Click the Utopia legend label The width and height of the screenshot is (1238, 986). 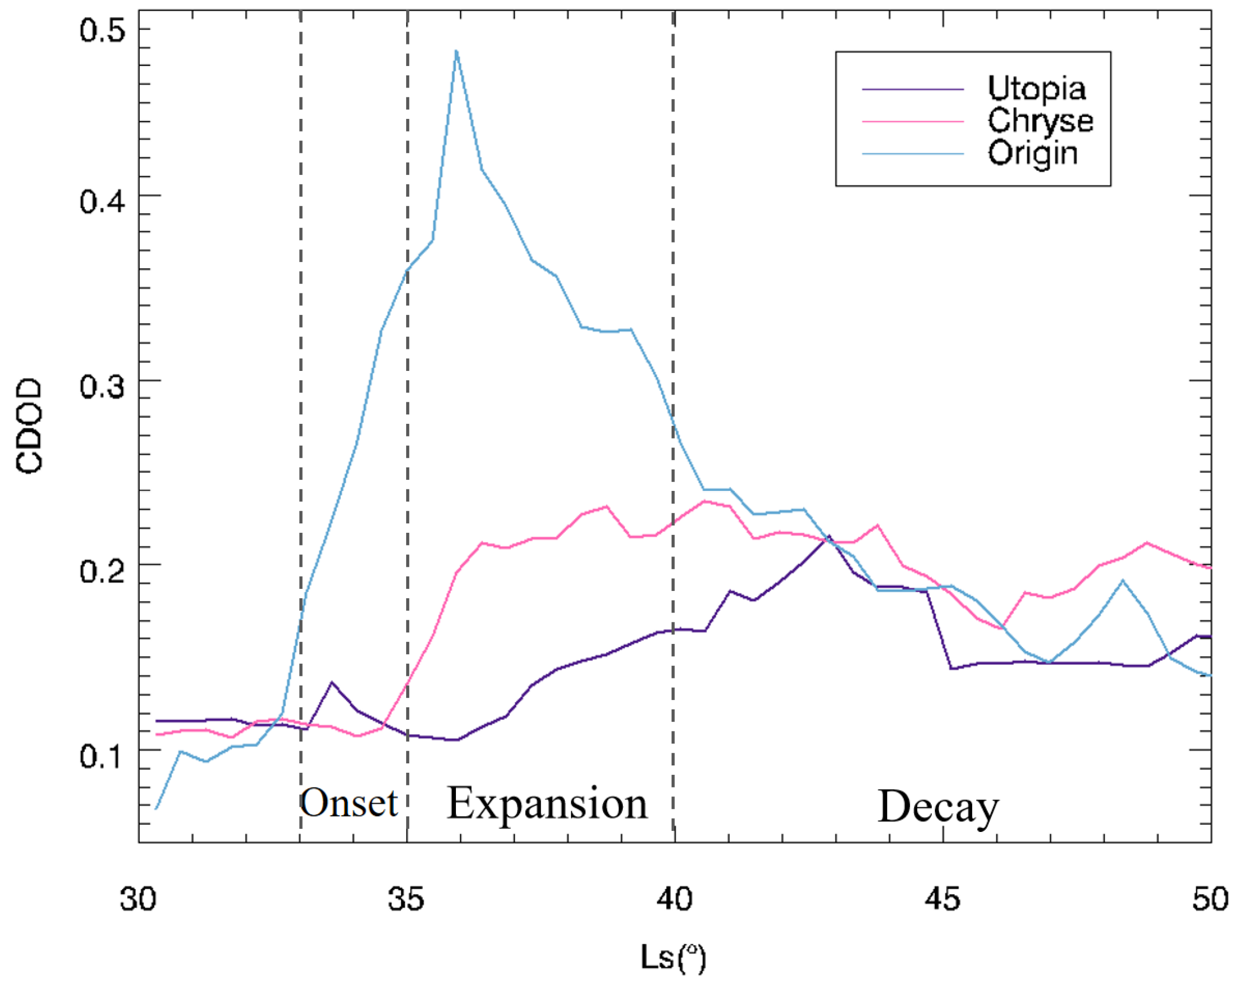click(1036, 89)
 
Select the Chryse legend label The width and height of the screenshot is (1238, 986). click(1040, 121)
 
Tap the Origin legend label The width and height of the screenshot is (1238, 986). click(1032, 154)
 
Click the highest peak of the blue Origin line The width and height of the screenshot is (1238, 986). click(456, 51)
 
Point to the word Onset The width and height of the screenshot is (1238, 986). click(349, 803)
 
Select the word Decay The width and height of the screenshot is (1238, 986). click(938, 808)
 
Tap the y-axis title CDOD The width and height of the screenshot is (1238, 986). click(29, 426)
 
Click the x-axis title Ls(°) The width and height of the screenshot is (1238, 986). click(673, 958)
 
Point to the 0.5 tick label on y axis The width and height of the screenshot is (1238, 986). click(102, 30)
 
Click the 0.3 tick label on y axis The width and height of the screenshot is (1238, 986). click(102, 387)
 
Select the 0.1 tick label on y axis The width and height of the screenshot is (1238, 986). click(102, 756)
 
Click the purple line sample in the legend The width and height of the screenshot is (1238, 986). click(912, 90)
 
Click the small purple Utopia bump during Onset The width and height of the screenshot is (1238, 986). click(332, 683)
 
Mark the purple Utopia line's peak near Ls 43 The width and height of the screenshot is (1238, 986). click(829, 536)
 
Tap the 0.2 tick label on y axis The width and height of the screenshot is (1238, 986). click(102, 571)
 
